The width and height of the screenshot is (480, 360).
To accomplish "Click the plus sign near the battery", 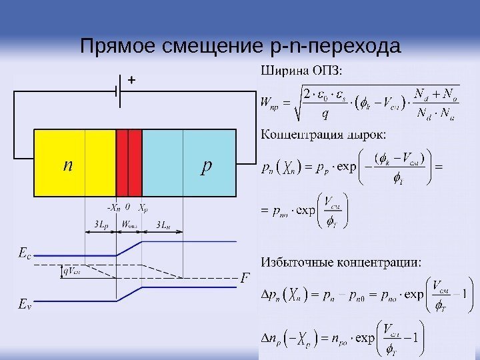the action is [x=131, y=80].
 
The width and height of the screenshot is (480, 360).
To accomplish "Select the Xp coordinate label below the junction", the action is [x=143, y=206].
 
